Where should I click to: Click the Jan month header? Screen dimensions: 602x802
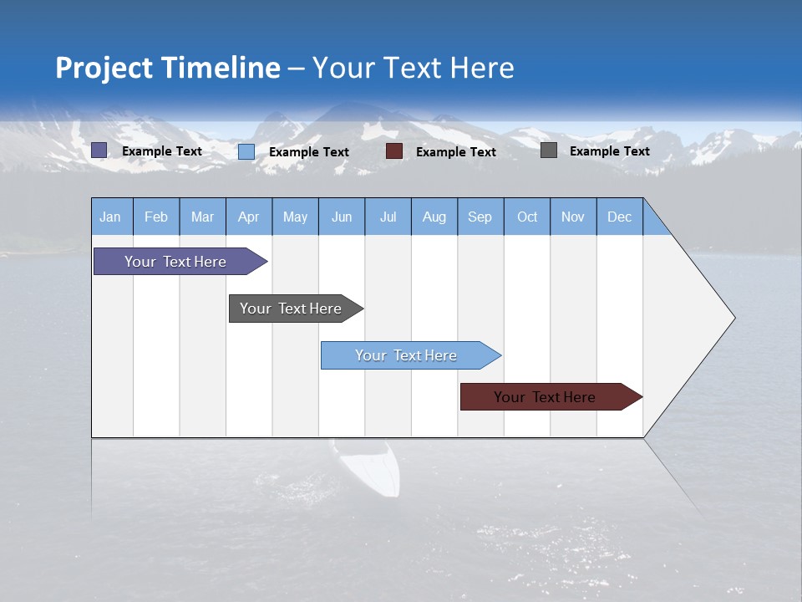(x=110, y=217)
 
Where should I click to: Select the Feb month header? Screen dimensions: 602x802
(x=156, y=217)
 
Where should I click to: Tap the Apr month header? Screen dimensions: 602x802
(x=248, y=217)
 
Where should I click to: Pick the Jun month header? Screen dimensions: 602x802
(x=341, y=217)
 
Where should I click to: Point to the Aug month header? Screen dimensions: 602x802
(x=434, y=217)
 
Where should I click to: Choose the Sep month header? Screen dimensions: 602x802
(x=480, y=217)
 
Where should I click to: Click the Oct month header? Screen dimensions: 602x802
(x=526, y=217)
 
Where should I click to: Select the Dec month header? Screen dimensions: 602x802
(x=619, y=217)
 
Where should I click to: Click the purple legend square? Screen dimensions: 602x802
(x=99, y=150)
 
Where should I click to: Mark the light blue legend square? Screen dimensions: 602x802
(x=246, y=151)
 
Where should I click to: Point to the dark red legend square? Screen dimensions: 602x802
(x=394, y=151)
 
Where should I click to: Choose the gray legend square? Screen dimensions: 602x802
(x=549, y=150)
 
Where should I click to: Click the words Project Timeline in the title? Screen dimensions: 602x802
(x=167, y=68)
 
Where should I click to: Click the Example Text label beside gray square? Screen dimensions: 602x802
(x=609, y=151)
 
